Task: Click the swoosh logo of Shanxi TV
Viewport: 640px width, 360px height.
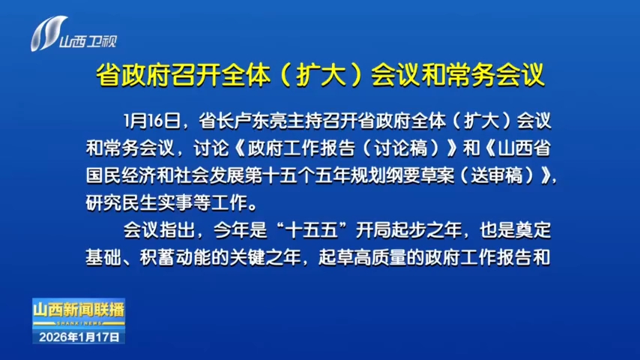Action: [48, 34]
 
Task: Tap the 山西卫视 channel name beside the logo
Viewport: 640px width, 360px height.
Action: [88, 41]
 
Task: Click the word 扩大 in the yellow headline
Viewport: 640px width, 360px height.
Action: [321, 75]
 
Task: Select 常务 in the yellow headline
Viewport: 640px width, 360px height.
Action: [471, 75]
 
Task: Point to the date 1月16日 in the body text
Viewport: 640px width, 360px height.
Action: [152, 121]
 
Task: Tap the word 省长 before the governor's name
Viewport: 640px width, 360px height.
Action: [217, 121]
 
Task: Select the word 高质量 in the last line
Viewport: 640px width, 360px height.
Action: [381, 258]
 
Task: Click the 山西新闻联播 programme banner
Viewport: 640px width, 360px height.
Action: [79, 310]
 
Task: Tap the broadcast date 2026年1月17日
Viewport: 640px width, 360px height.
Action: [79, 337]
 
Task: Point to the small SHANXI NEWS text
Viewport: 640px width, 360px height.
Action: [79, 324]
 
